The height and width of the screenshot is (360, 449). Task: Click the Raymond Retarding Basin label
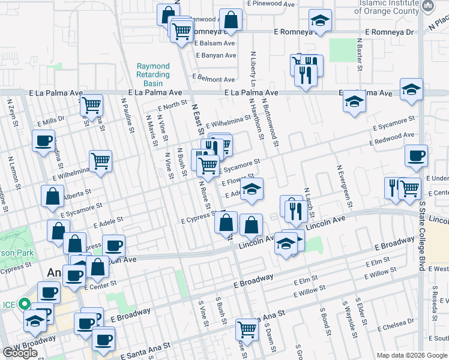[153, 74]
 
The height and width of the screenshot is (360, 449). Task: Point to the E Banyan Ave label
[215, 55]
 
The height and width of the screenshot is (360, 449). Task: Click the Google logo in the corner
[20, 353]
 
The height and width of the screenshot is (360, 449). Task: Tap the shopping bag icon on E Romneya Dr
[230, 19]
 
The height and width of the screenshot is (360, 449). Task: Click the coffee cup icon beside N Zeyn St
[43, 142]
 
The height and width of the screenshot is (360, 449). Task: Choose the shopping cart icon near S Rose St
[247, 328]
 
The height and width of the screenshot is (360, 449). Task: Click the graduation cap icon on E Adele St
[253, 189]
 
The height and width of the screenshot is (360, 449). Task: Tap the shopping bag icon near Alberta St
[53, 196]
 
